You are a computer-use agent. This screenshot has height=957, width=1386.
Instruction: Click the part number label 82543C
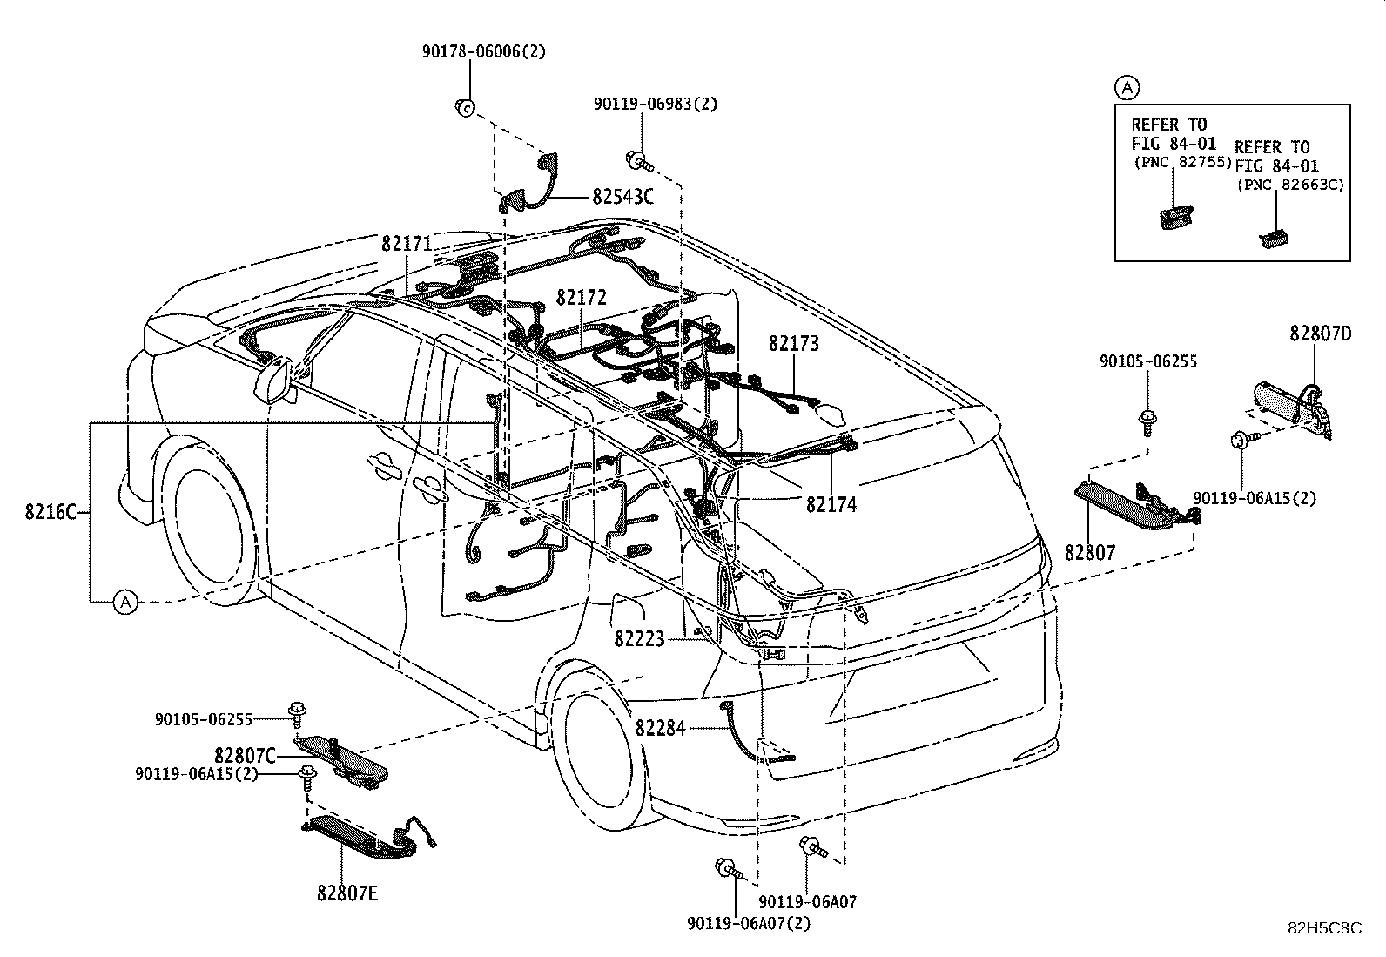622,196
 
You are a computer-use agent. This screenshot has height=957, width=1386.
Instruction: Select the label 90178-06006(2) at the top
484,51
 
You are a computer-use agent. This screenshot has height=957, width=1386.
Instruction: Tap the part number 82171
407,244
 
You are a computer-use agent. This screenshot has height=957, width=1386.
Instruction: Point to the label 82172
581,297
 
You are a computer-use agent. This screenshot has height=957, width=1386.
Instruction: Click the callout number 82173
794,344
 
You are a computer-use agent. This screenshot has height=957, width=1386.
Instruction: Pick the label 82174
831,504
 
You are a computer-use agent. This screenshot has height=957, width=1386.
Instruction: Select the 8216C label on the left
50,512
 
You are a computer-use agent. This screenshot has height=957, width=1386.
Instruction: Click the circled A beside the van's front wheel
125,602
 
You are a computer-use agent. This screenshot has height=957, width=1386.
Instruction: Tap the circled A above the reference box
1127,88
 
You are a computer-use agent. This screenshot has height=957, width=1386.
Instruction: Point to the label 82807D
1321,334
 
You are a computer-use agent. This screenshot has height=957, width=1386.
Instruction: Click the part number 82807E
347,893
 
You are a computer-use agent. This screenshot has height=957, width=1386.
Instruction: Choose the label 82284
660,729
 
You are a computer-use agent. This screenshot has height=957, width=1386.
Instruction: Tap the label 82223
639,638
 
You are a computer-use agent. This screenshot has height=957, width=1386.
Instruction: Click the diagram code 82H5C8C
1325,928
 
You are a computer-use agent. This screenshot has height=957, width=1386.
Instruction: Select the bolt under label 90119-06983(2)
638,162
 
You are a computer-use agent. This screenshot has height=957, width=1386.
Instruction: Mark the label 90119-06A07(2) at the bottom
749,924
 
